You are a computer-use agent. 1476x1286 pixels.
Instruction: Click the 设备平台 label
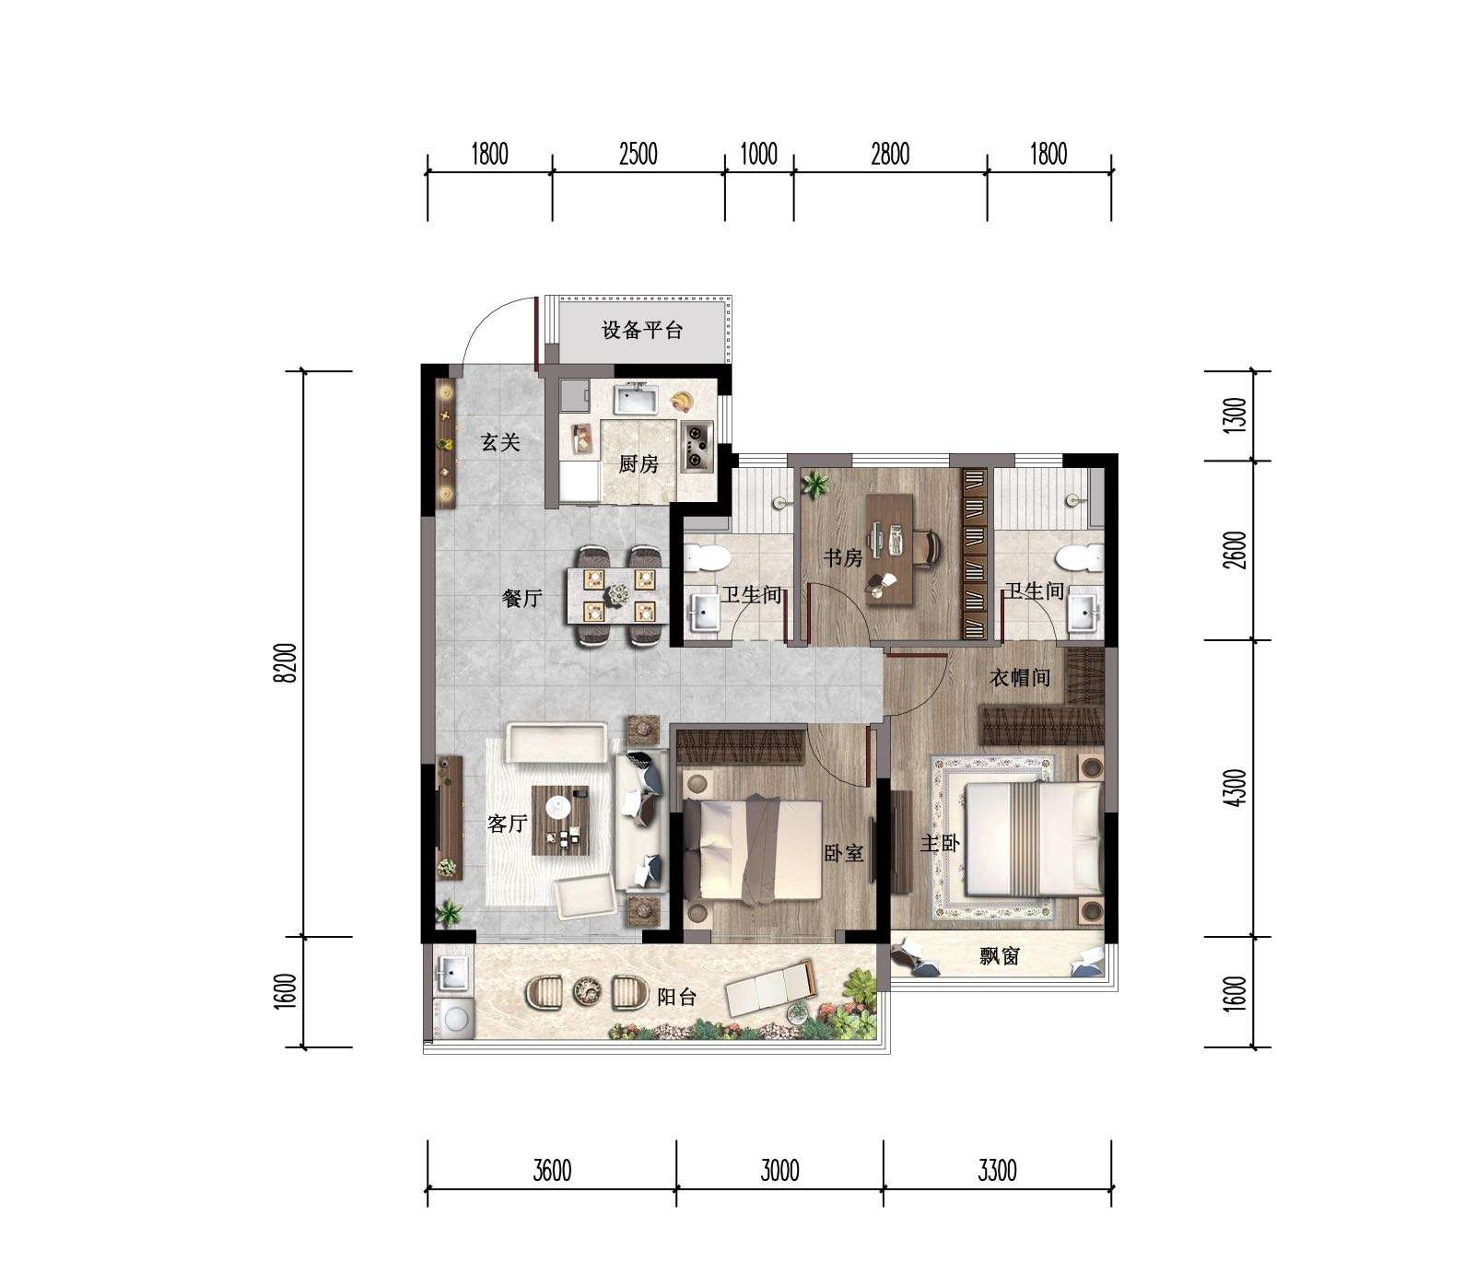coord(642,330)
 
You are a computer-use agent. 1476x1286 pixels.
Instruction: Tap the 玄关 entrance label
coord(500,443)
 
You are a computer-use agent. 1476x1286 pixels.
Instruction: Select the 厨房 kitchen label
coord(638,463)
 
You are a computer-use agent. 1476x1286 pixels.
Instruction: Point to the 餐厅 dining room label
coord(521,599)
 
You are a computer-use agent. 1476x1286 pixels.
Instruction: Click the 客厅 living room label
coord(507,823)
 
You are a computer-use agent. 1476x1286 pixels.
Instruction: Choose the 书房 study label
coord(842,558)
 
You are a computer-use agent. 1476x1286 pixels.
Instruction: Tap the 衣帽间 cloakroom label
coord(1020,678)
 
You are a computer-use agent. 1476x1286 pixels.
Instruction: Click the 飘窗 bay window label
coord(999,956)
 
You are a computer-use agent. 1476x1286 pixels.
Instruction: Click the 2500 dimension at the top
coord(638,153)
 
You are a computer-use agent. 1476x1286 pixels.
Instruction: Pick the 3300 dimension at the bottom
coord(997,1171)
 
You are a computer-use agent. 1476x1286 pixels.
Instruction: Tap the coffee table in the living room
coord(560,820)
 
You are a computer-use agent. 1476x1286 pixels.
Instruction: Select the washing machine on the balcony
coord(453,1018)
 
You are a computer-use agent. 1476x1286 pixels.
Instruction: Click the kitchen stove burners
coord(696,444)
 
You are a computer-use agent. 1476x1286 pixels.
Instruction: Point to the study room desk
coord(890,549)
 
